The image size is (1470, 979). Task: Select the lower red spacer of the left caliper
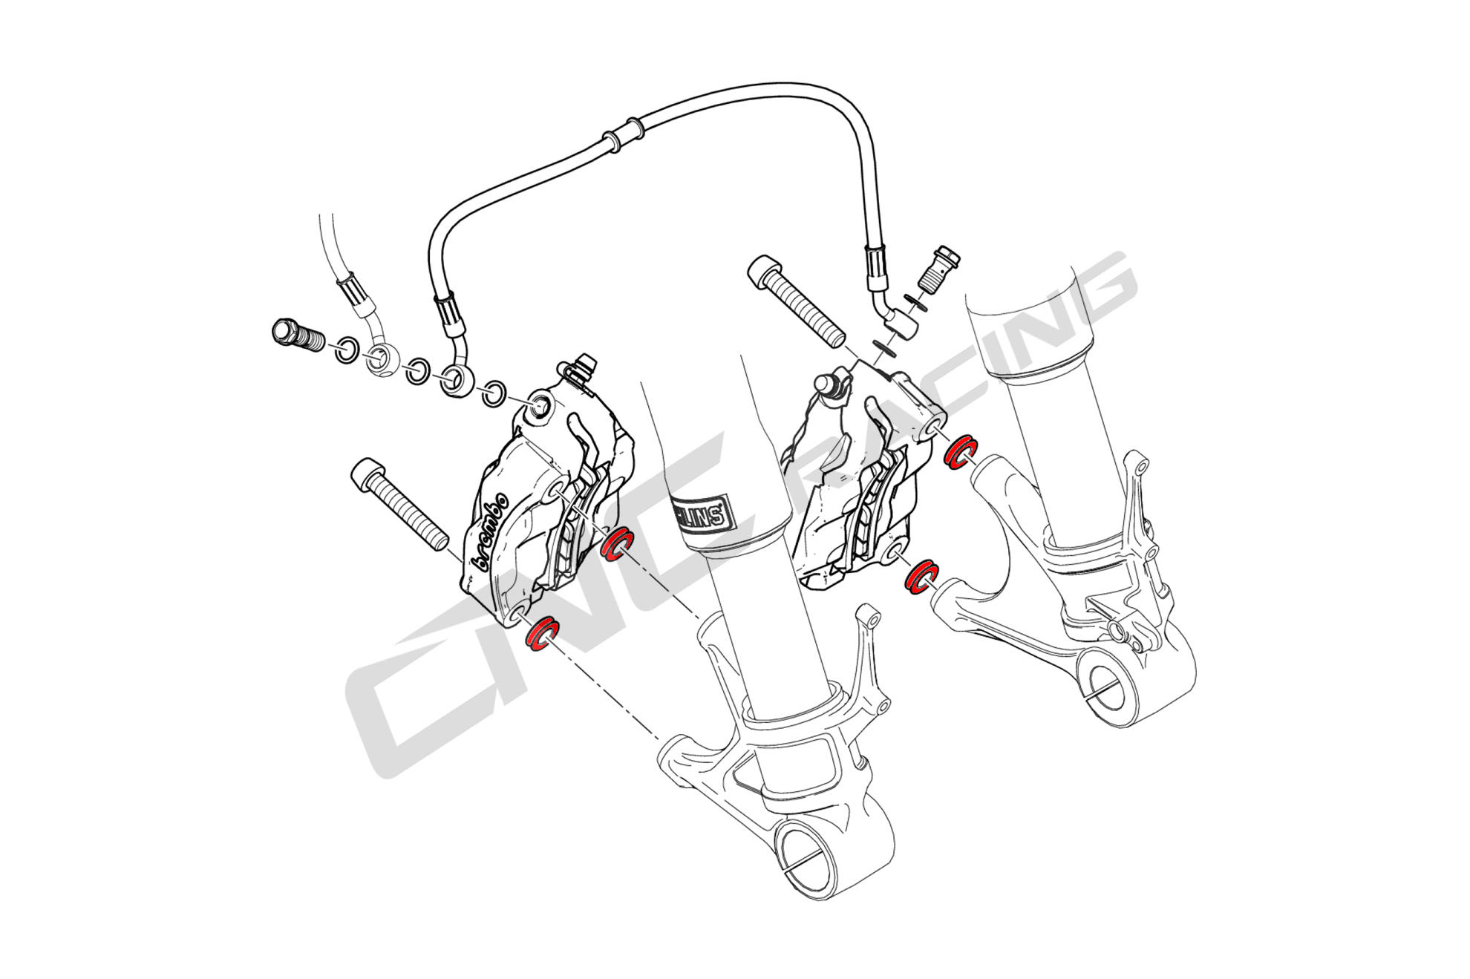(x=541, y=633)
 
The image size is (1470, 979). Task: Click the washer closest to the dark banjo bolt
(x=346, y=350)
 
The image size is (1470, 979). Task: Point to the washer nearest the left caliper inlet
(x=492, y=393)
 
